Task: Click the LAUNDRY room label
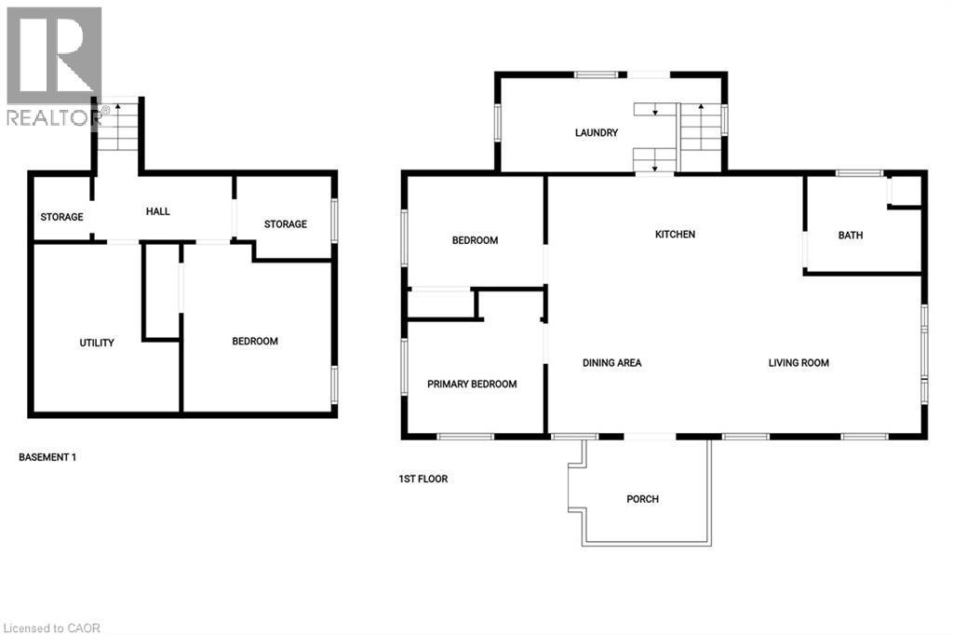click(x=596, y=133)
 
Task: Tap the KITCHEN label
click(x=675, y=235)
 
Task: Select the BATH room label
click(x=850, y=236)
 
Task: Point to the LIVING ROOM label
click(x=798, y=363)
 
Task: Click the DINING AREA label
click(x=611, y=363)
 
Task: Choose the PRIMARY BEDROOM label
click(x=472, y=384)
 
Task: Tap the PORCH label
click(x=642, y=499)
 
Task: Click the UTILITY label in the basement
click(x=97, y=343)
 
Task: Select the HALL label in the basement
click(x=157, y=212)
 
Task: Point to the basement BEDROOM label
click(x=255, y=342)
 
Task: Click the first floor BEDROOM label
click(x=475, y=240)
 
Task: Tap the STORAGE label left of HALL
click(x=61, y=217)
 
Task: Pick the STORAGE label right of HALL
click(x=285, y=223)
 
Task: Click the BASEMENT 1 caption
click(x=47, y=457)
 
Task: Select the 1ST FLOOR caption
click(x=423, y=480)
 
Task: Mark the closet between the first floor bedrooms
click(x=441, y=304)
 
